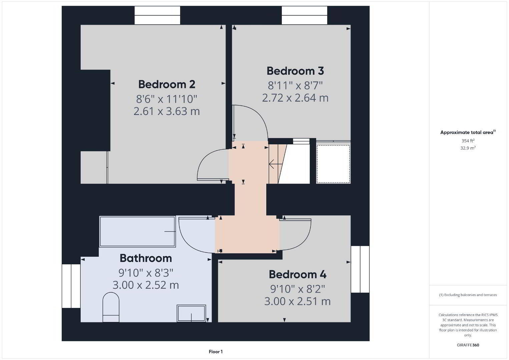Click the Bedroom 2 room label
pos(166,84)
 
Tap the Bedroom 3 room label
pos(295,71)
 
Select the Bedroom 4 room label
pos(298,274)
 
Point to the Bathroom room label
pos(146,258)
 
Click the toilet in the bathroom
pos(111,307)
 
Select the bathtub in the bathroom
pos(137,231)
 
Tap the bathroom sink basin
pos(191,313)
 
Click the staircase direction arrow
pos(276,164)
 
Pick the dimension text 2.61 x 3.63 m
pos(166,111)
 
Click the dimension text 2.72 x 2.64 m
pos(295,98)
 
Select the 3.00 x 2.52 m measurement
pos(146,285)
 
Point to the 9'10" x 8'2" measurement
pos(298,289)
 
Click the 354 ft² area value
pos(468,141)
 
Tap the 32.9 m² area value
pos(468,148)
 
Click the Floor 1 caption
pos(216,352)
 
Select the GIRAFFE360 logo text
pos(468,345)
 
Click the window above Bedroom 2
pos(157,15)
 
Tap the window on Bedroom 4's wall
pos(360,269)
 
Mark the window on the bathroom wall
pos(71,286)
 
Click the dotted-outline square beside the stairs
pos(333,164)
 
